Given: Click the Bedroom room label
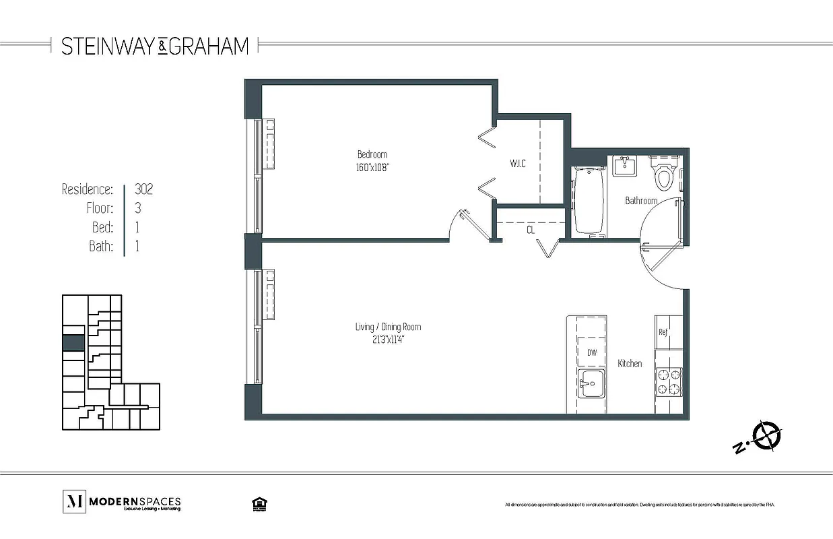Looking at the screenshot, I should tap(372, 154).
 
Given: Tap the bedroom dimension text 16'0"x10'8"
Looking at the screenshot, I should tap(372, 167).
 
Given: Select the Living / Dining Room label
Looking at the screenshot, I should tap(388, 327).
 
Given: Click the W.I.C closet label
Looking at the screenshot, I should tap(518, 164).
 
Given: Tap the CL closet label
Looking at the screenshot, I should tap(531, 230).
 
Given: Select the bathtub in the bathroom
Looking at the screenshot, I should tap(591, 201).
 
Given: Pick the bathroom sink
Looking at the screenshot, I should tap(624, 166).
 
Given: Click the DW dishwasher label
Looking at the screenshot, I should tap(591, 352).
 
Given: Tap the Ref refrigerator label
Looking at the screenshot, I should tap(663, 331).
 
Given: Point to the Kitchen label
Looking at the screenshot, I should tap(630, 364).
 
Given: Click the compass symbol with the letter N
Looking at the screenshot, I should tap(766, 435).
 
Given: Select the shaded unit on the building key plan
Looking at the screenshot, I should tap(73, 342).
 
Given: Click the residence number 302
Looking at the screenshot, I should tap(143, 189).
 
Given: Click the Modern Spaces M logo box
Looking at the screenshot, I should tap(73, 502).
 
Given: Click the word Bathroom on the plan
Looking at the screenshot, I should tap(640, 201).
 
